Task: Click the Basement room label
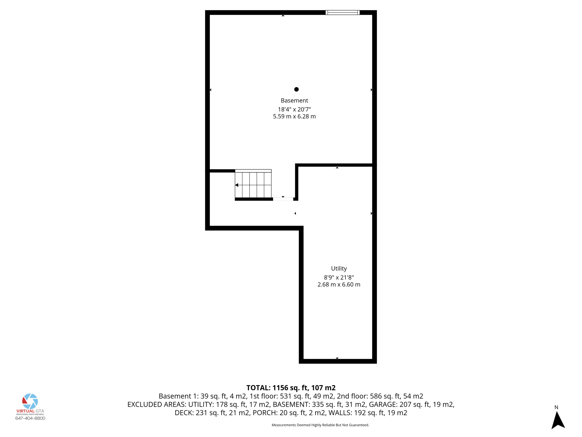point(294,100)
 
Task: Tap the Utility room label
point(339,268)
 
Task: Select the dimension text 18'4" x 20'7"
point(294,109)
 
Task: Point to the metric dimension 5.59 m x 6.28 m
point(294,116)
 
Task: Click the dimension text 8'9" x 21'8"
point(339,277)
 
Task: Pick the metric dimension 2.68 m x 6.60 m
point(339,285)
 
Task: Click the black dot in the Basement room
point(296,89)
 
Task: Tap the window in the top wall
point(342,13)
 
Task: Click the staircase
point(253,184)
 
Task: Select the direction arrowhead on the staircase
point(237,185)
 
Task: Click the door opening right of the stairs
point(283,199)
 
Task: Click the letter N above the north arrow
point(556,407)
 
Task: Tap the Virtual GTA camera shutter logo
point(30,401)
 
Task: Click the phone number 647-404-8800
point(30,418)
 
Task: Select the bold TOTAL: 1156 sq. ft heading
point(291,387)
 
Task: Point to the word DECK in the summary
point(184,413)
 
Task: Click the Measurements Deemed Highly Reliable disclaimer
point(320,425)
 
